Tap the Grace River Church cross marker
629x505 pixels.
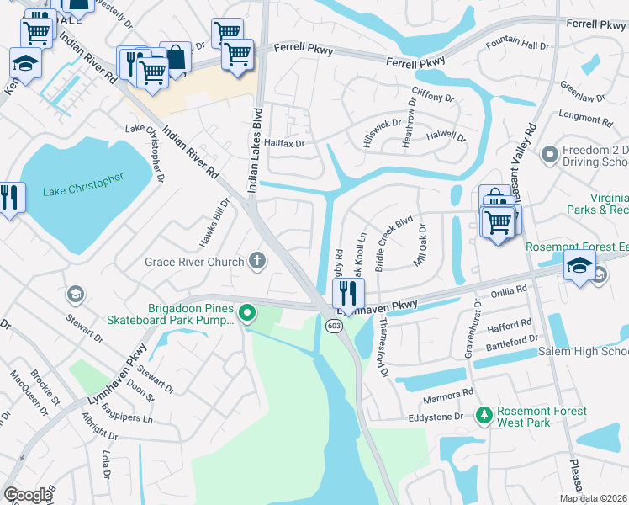257,262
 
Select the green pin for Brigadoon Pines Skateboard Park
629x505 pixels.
246,315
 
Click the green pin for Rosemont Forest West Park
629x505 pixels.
484,416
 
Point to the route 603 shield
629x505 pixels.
334,326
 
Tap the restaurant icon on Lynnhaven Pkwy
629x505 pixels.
346,293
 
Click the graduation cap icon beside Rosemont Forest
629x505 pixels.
579,266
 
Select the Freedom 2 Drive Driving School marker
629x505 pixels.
551,154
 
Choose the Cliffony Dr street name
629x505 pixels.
433,98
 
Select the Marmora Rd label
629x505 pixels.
450,394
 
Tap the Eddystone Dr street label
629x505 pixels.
436,417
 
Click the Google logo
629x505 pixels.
27,495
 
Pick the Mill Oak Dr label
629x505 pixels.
421,243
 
